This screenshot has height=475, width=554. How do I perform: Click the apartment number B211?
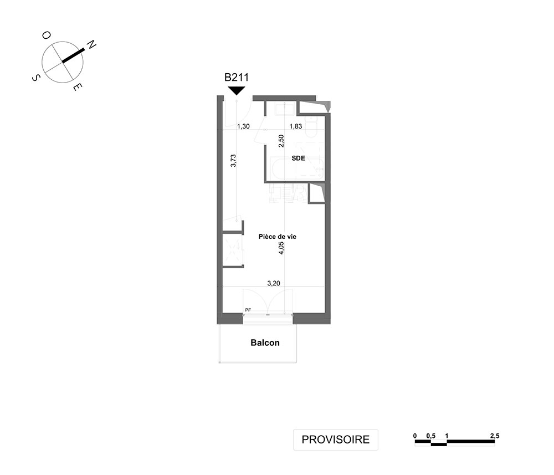coord(237,77)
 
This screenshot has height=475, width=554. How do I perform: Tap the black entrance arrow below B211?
coord(237,90)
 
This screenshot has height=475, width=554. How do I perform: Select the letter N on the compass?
coord(91,44)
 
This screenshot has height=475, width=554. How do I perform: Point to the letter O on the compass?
coord(47,35)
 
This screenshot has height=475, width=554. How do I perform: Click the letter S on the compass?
coord(35,78)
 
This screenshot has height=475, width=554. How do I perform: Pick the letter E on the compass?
coord(78,86)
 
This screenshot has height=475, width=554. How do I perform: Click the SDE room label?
coord(298,159)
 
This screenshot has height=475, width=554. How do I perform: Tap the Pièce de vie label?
coord(278,237)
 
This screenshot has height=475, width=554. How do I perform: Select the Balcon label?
coord(265,343)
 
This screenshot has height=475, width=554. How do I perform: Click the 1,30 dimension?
coord(243,126)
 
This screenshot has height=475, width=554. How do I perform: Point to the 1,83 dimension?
coord(296,126)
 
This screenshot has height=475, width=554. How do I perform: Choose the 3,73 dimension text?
coord(233,160)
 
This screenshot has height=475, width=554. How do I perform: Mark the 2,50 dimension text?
coord(281,141)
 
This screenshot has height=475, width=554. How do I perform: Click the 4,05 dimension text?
coord(281,248)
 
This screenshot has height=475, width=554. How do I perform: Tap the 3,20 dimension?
coord(274,283)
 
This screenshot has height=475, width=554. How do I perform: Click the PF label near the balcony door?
coord(248,310)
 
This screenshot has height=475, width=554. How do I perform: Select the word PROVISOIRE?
coord(336,440)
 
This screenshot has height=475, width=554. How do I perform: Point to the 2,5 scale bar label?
coord(495,436)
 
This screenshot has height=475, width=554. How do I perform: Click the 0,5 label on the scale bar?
coord(430,436)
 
